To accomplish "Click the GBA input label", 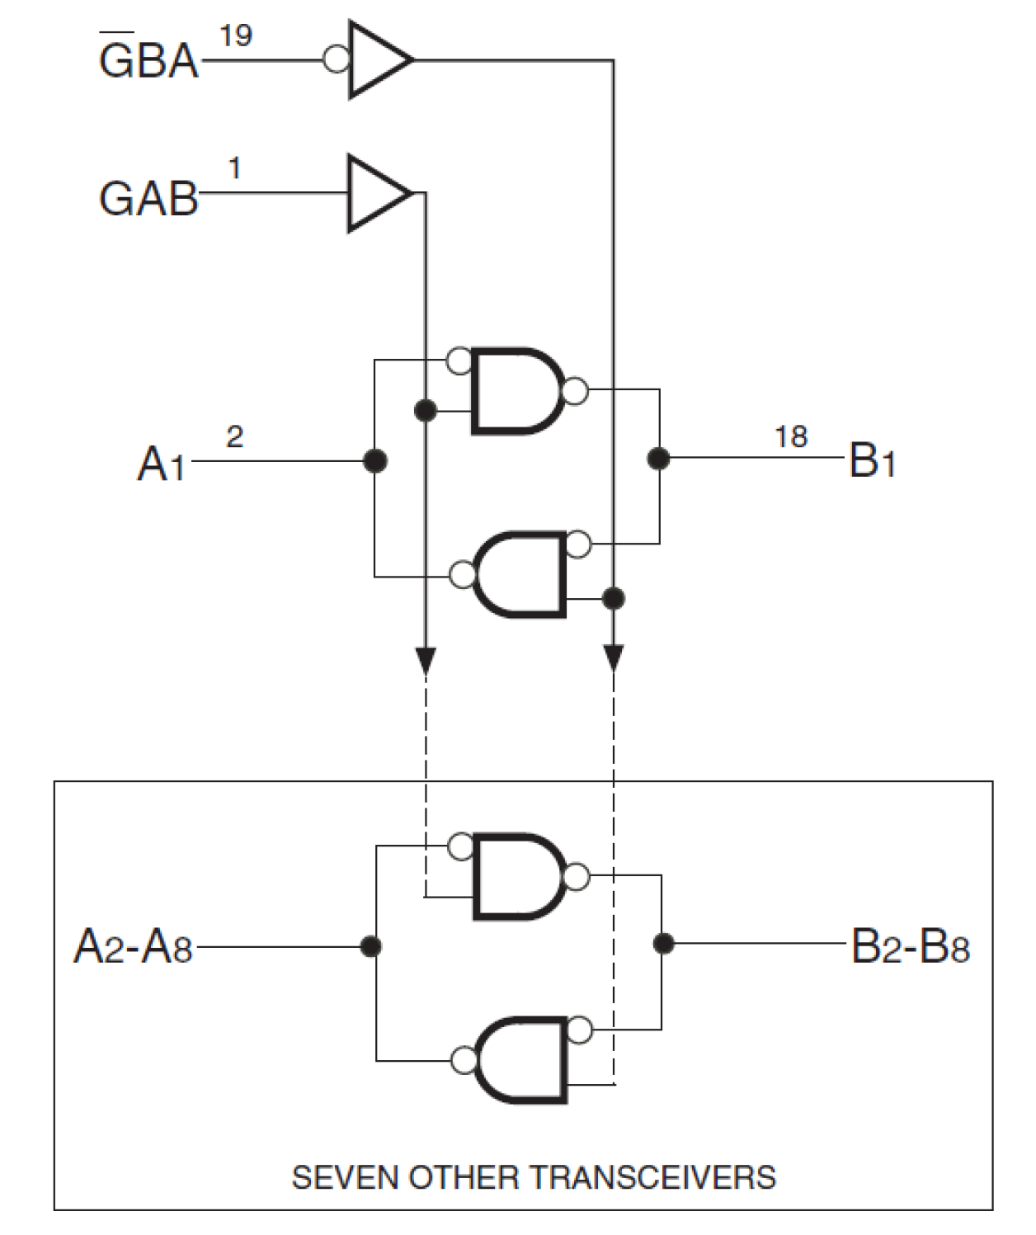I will [148, 60].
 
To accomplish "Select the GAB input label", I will [148, 199].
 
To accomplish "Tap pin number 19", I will [236, 35].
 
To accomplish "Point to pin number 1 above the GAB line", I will [234, 168].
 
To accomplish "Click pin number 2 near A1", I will [234, 436].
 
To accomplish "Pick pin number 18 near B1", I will [790, 436].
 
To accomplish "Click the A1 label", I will [162, 464].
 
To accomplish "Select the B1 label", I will [872, 460].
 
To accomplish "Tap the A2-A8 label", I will [133, 947].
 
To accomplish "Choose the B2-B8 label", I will [910, 947].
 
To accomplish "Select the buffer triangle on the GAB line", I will [375, 193].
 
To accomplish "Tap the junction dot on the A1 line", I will [375, 460].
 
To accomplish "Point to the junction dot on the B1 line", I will [658, 458].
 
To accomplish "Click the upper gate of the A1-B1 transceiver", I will [516, 390].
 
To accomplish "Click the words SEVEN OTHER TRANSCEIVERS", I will [534, 1176].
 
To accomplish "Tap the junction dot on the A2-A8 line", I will [372, 946].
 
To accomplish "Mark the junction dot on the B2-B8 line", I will [662, 943].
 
